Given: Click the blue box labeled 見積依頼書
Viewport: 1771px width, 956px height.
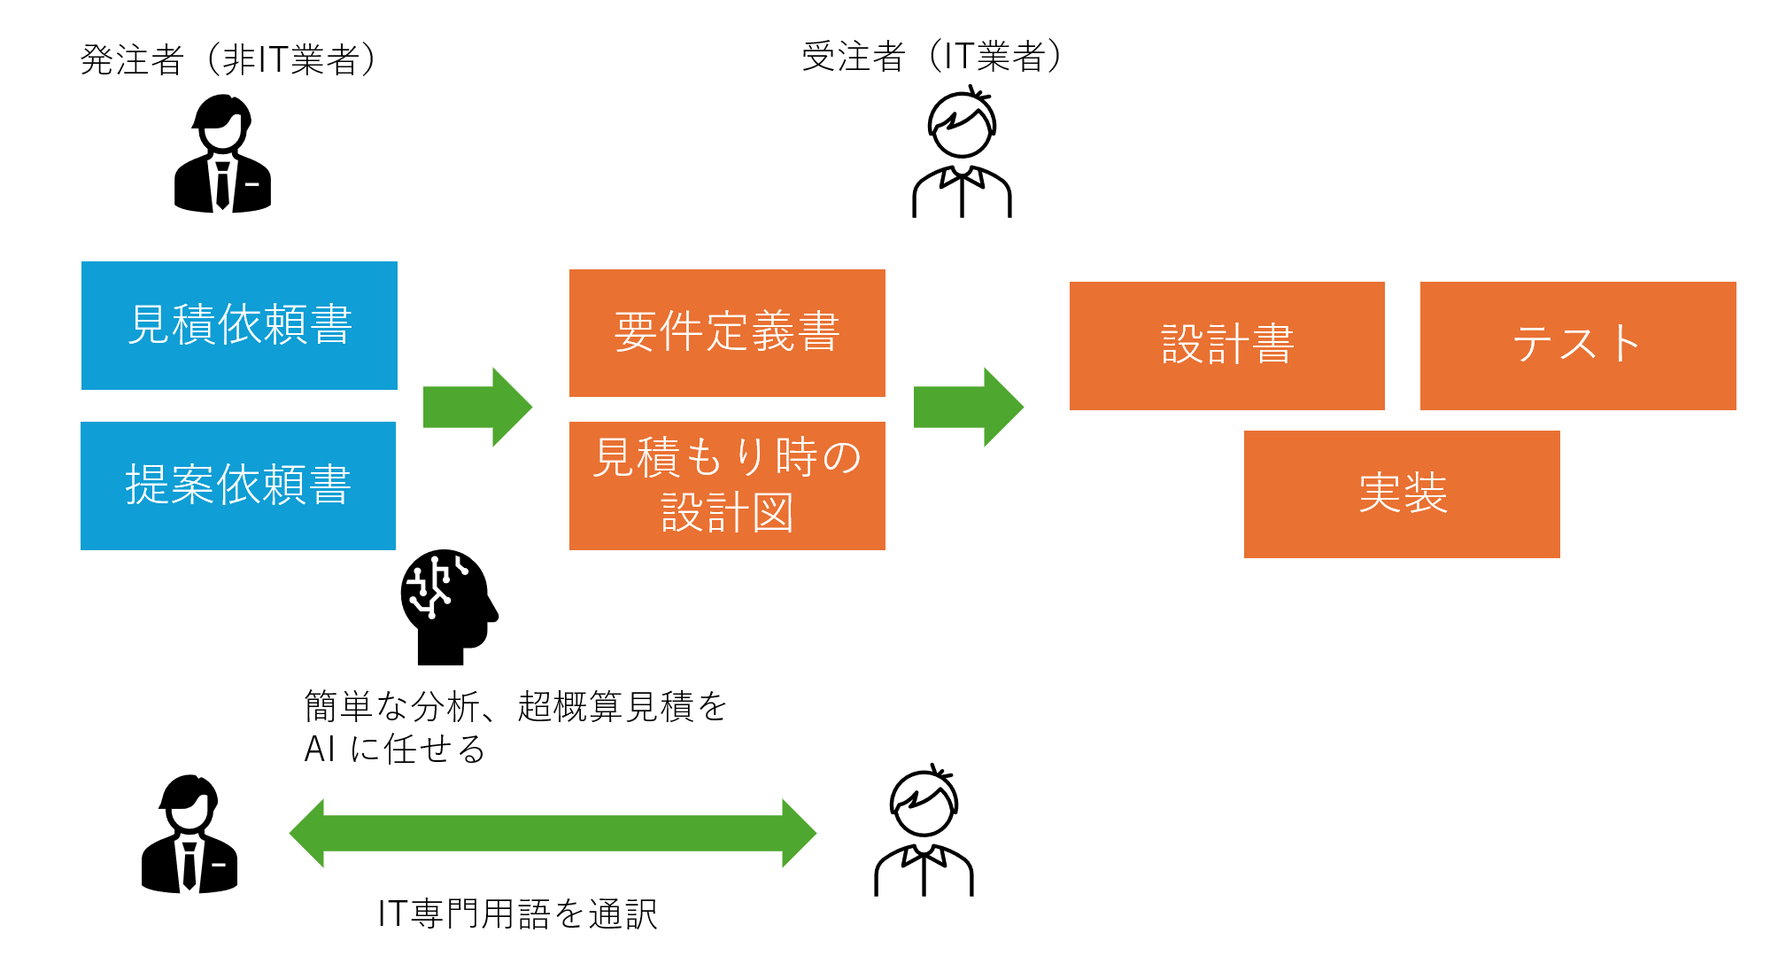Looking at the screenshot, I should coord(239,325).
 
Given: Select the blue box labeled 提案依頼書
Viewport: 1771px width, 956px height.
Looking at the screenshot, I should coord(238,486).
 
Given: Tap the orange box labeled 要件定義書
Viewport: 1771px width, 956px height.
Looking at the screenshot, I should coord(727,332).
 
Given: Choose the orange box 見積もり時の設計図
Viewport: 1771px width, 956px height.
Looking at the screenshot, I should coord(727,486).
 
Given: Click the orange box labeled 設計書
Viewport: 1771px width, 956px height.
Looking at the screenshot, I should coord(1226,346).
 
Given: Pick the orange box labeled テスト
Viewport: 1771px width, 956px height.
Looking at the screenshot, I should coord(1578,346).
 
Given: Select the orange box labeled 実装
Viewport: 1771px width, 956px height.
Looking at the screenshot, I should coord(1402,494).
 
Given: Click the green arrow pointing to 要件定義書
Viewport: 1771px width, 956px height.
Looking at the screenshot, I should coord(477,407).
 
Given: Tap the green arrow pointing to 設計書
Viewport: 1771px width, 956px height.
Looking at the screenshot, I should coord(968,407).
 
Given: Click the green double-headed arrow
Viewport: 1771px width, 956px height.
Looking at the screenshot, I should coord(553,833).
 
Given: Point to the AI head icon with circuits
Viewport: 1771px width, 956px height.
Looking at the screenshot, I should coord(447,607).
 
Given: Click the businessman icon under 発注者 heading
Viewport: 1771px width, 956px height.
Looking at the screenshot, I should coord(222,155).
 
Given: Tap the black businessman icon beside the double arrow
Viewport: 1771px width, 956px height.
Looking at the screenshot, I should coord(189,834).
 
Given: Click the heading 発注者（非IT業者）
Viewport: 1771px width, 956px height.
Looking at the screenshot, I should coord(228,59).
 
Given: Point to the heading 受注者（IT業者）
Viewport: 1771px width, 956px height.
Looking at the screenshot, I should coord(932,56).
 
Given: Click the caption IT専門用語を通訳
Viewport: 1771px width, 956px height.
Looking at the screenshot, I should coord(518,913).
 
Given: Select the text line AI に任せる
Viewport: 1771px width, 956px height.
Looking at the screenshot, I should coord(395,750).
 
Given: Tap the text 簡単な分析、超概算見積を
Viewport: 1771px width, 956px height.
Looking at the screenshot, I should coord(515,706).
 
